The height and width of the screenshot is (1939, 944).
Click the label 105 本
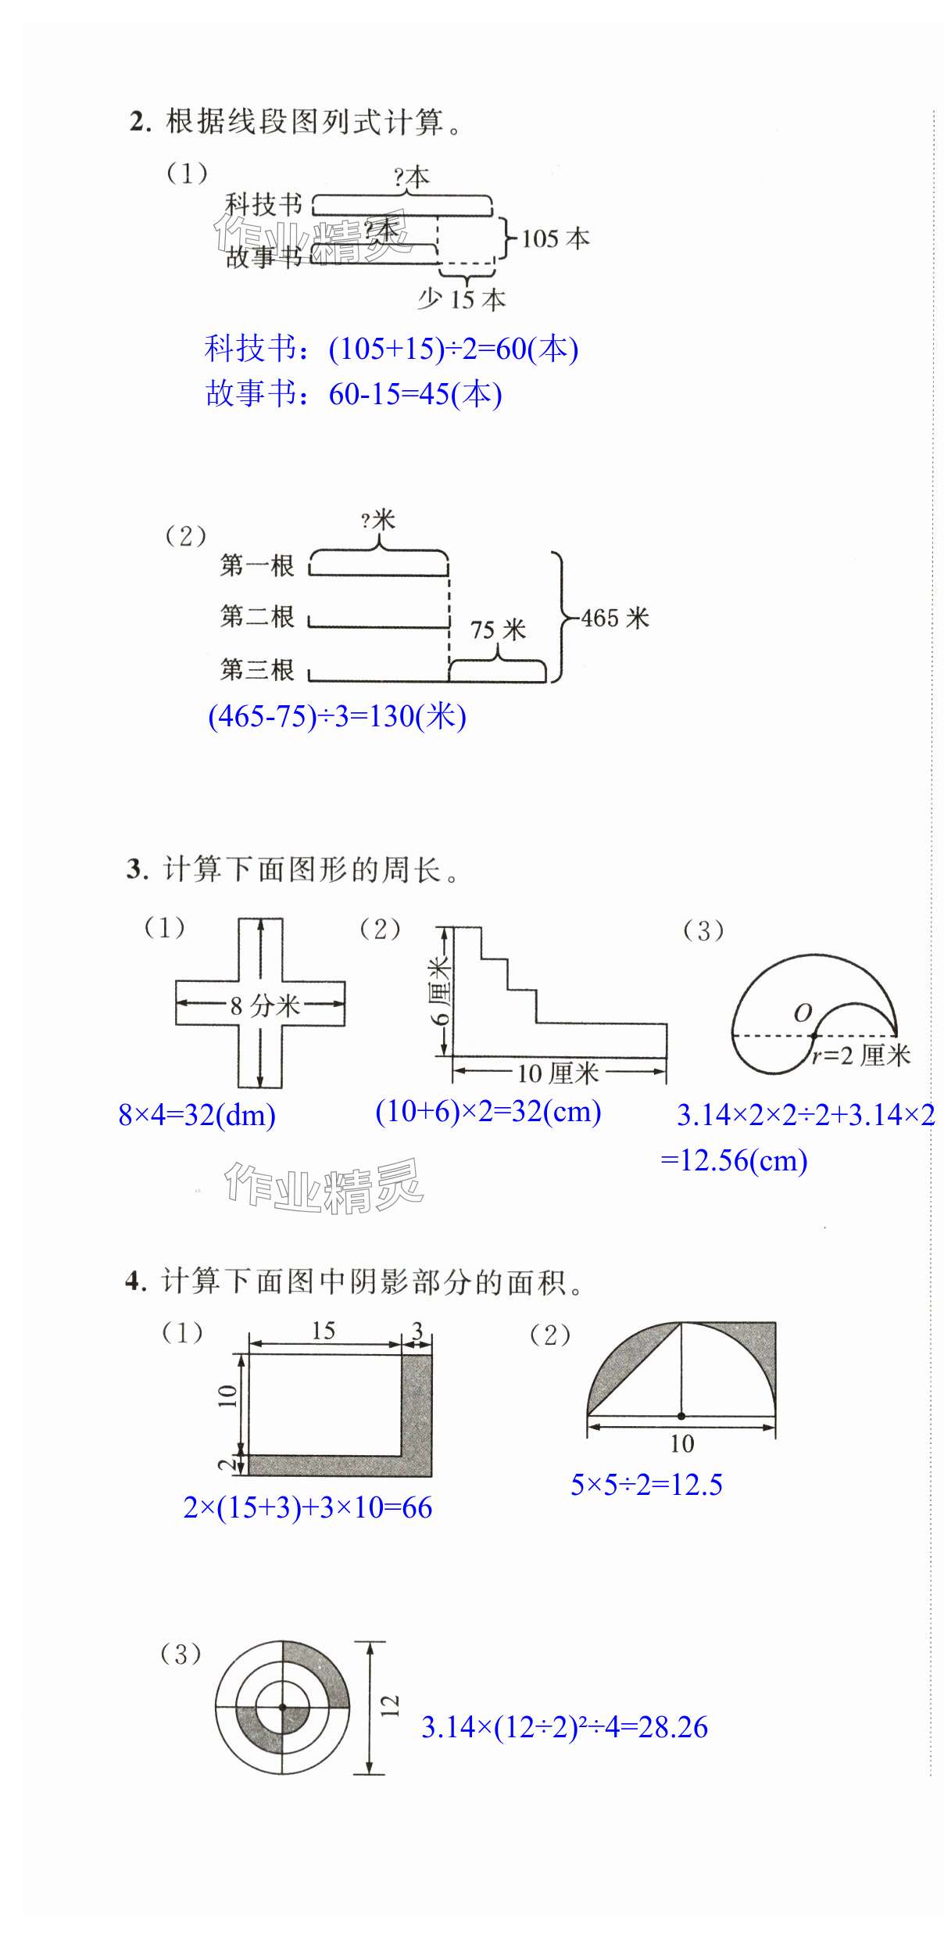(x=555, y=238)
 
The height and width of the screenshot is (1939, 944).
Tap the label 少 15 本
(x=462, y=299)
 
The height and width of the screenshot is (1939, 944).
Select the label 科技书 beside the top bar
(x=263, y=205)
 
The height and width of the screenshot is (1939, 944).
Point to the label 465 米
(x=615, y=618)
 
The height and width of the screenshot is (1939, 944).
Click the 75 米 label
(x=498, y=629)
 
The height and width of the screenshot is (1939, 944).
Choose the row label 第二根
(x=257, y=617)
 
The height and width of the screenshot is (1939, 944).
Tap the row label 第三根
(x=257, y=670)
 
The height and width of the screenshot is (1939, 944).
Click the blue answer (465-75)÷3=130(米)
(x=337, y=716)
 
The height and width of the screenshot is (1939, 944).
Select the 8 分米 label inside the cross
(x=265, y=1005)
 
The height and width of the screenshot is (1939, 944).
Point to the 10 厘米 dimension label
(x=558, y=1073)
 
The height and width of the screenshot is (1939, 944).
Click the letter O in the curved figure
(x=803, y=1013)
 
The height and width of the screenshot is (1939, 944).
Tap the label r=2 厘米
(x=860, y=1056)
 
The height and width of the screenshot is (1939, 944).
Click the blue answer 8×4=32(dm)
(x=197, y=1115)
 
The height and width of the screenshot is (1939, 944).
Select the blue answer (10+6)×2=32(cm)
(x=488, y=1112)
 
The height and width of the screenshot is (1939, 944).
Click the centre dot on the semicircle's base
(x=681, y=1416)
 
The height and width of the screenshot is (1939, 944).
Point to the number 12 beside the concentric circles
(x=389, y=1705)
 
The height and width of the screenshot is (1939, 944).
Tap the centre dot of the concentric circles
(x=283, y=1708)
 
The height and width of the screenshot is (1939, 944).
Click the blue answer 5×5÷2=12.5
(x=646, y=1485)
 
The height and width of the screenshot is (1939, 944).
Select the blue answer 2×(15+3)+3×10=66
(x=307, y=1507)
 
